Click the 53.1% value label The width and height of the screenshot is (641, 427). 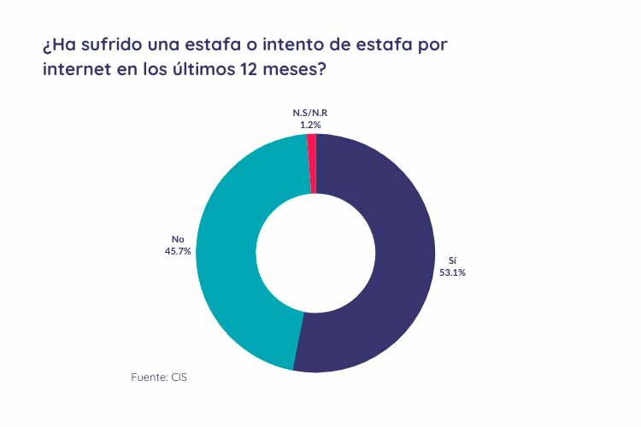point(454,272)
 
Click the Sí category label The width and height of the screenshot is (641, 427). point(453,260)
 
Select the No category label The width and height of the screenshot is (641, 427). point(178,239)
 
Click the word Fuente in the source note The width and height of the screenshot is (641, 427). point(148,376)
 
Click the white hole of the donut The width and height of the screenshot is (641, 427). point(315,253)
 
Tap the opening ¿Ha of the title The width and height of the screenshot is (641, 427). point(56,44)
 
